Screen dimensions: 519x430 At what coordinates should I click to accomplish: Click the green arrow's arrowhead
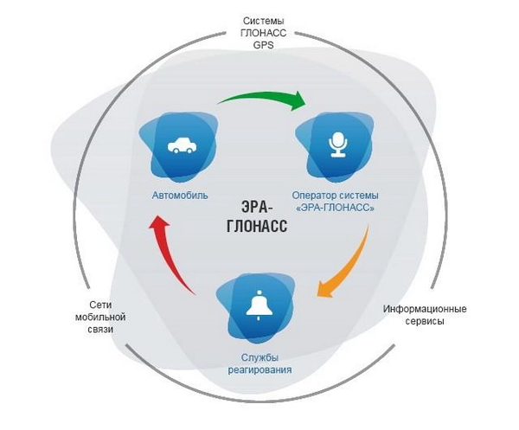(x=298, y=100)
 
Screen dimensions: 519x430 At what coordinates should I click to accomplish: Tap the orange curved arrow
(x=351, y=265)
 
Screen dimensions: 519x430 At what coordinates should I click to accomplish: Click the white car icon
(x=181, y=145)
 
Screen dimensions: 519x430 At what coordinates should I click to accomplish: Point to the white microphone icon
(x=337, y=144)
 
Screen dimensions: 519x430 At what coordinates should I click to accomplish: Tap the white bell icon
(x=259, y=305)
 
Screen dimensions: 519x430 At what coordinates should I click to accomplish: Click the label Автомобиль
(x=180, y=196)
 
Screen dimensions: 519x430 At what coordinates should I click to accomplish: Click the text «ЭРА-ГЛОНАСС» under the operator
(x=336, y=208)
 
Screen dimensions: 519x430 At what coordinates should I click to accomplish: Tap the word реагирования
(x=259, y=369)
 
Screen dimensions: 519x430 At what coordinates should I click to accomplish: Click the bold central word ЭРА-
(x=257, y=208)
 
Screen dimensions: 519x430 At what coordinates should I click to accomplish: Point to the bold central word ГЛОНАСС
(x=257, y=227)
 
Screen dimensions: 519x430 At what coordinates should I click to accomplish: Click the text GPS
(x=264, y=45)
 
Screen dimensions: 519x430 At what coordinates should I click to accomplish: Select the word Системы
(x=264, y=21)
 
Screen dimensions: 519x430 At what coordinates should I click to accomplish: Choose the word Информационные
(x=425, y=309)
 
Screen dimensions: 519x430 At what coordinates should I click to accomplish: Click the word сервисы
(x=425, y=321)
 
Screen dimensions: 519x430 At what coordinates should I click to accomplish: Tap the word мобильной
(x=100, y=318)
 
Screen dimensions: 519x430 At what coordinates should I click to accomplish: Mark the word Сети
(x=100, y=305)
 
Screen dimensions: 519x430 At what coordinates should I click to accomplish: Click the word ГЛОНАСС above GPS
(x=264, y=33)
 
